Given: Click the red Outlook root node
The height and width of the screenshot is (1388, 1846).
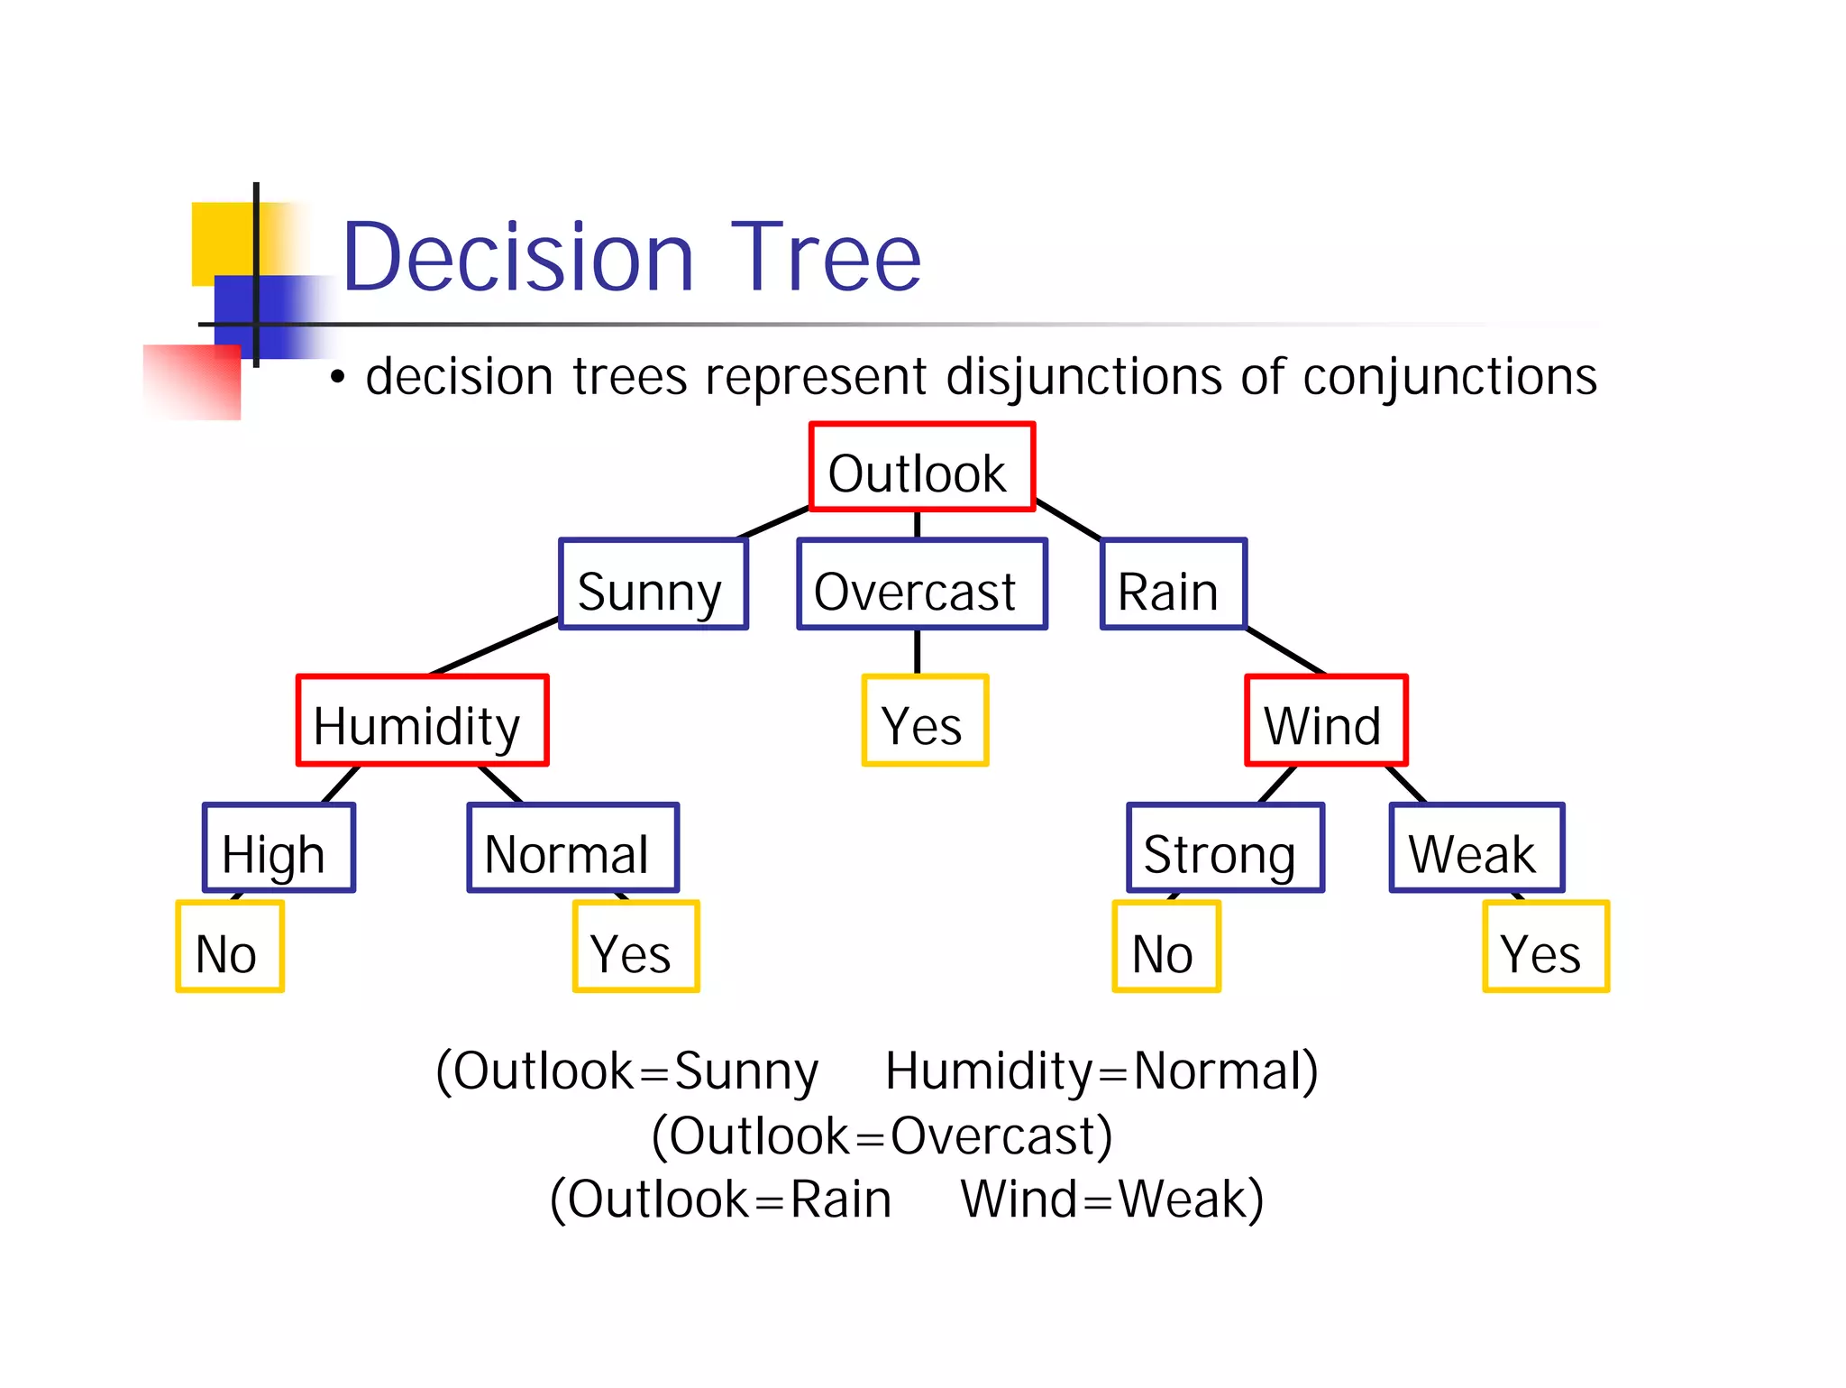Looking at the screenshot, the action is point(921,467).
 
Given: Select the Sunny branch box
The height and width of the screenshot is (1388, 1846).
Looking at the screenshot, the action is point(653,584).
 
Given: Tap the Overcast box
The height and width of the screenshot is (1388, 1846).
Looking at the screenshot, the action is point(921,584).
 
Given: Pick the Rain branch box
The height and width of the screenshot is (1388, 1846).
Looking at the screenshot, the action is point(1173,584).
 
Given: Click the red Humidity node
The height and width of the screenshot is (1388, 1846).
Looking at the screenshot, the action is point(422,721).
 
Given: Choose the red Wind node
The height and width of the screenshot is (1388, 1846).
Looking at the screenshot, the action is point(1325,721).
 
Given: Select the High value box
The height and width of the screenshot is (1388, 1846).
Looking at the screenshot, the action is point(279,848).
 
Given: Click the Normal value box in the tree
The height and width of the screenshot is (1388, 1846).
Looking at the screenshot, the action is point(572,848).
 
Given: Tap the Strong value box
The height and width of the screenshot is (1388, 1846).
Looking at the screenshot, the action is point(1225,848).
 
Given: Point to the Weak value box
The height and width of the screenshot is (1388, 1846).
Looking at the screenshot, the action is point(1476,848).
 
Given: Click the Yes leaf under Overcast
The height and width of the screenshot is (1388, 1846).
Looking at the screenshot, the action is point(925,721).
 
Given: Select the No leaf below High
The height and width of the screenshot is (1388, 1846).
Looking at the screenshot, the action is point(230,947).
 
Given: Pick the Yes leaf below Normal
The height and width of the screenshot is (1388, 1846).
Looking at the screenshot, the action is point(635,947).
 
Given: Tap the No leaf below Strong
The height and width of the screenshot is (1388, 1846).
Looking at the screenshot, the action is point(1165,947).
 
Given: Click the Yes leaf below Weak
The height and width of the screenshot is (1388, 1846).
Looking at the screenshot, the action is point(1545,947).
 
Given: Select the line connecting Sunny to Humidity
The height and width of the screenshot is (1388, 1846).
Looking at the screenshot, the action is point(494,647).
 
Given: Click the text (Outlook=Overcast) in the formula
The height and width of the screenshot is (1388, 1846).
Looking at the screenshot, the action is point(882,1135).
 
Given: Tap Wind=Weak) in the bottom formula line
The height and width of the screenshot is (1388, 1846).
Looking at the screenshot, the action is point(1111,1200).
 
